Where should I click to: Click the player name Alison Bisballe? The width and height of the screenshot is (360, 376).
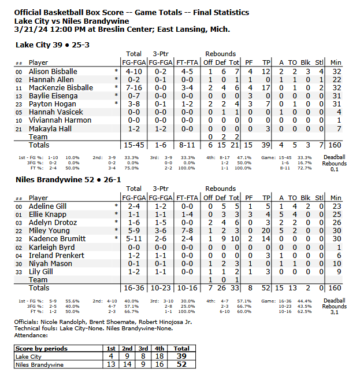(53, 71)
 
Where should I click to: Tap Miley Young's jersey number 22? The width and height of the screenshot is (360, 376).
(19, 230)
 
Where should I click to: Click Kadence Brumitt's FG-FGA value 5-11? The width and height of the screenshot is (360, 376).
(133, 238)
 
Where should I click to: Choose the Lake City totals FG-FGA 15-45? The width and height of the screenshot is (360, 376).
(133, 145)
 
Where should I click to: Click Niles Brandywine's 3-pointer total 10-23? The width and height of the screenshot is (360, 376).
(161, 287)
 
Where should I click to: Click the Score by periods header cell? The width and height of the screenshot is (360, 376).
(41, 349)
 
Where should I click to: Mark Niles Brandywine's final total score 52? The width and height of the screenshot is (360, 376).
(181, 365)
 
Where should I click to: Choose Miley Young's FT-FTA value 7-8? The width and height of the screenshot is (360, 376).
(188, 230)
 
